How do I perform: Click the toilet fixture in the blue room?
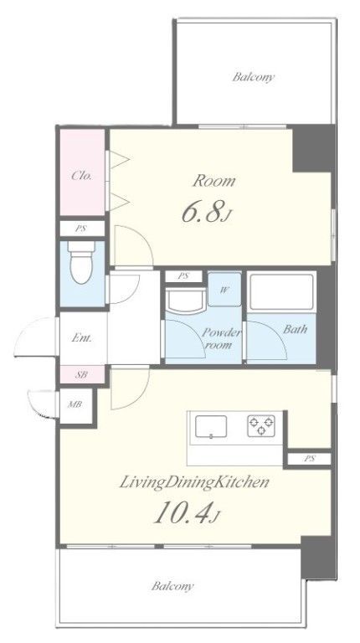pos(80,262)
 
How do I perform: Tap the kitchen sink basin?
pos(211,426)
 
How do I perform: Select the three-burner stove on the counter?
pos(261,425)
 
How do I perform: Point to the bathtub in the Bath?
pos(281,292)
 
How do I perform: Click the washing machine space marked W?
pos(224,290)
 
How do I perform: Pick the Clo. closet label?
pos(81,176)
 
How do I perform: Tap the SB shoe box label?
pos(81,374)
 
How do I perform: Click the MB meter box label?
pos(75,404)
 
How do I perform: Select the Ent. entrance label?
pos(82,338)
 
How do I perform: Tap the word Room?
pos(214,181)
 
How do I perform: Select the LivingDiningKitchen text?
pos(194,482)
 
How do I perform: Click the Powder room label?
pos(220,339)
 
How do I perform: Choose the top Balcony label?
pos(253,77)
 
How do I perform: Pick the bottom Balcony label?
pos(172,586)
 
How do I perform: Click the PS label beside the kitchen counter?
pos(309,459)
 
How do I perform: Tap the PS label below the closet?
pos(80,229)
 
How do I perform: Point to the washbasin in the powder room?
pos(185,301)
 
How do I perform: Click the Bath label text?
pos(295,329)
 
